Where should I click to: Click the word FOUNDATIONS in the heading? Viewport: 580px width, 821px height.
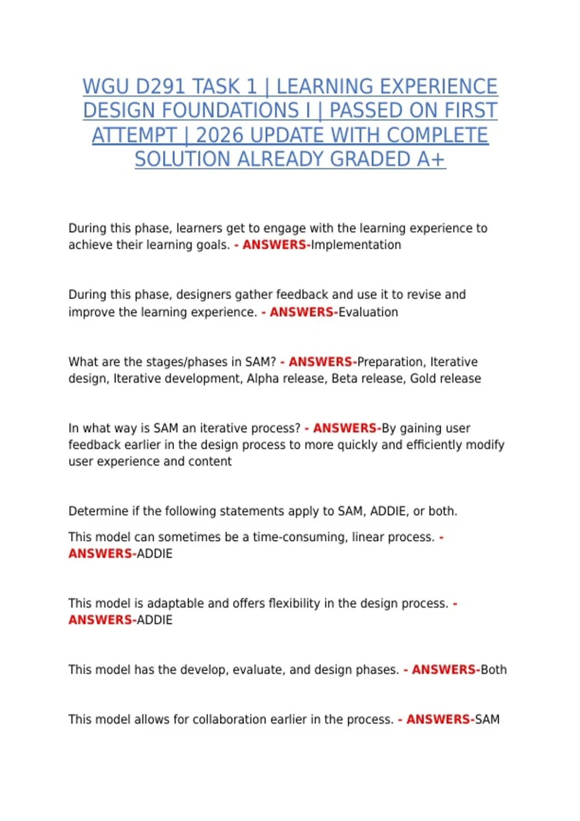[190, 111]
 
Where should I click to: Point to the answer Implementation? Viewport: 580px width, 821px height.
[356, 245]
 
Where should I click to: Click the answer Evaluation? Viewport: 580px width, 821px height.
[368, 312]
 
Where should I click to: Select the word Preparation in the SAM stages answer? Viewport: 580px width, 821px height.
[391, 362]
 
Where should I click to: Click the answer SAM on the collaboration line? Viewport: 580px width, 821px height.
[487, 719]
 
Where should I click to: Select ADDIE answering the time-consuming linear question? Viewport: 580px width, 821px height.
[155, 553]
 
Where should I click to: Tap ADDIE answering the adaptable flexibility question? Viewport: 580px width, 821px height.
[155, 620]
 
